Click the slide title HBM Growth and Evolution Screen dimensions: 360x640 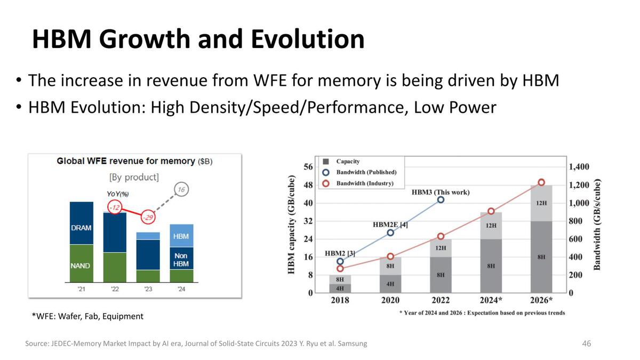pyautogui.click(x=198, y=39)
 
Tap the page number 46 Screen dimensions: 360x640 pyautogui.click(x=586, y=343)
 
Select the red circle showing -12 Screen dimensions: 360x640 pyautogui.click(x=115, y=206)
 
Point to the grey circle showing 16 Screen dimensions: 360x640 pyautogui.click(x=181, y=190)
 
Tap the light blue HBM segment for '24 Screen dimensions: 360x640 pyautogui.click(x=181, y=236)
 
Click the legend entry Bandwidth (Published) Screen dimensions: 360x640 pyautogui.click(x=366, y=172)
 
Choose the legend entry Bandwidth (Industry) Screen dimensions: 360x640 pyautogui.click(x=364, y=183)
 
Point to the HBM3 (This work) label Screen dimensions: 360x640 pyautogui.click(x=441, y=192)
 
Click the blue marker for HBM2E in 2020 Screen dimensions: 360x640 pyautogui.click(x=390, y=233)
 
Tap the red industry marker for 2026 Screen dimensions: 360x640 pyautogui.click(x=541, y=182)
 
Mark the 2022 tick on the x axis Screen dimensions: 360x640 pyautogui.click(x=441, y=300)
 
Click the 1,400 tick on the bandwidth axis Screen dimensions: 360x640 pyautogui.click(x=579, y=167)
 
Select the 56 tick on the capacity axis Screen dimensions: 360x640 pyautogui.click(x=308, y=167)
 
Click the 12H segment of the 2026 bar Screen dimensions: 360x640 pyautogui.click(x=541, y=203)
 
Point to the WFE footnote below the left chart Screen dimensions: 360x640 pyautogui.click(x=87, y=316)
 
